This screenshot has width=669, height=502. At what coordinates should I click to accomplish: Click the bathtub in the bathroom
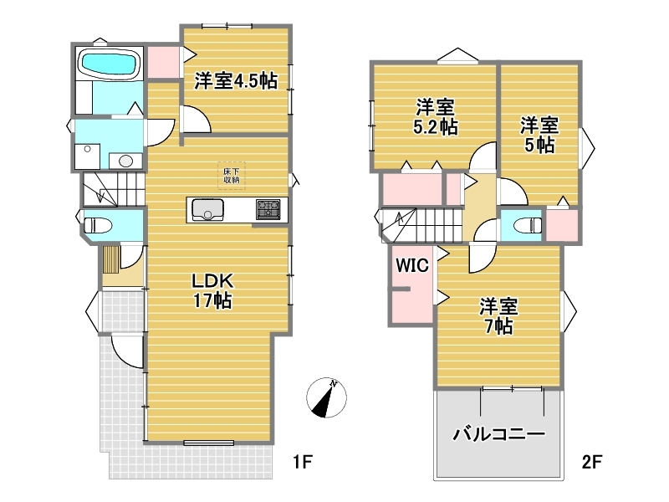(x=110, y=64)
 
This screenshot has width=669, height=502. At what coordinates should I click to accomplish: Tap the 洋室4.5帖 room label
(x=236, y=80)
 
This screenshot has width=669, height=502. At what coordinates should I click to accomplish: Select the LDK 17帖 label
(x=212, y=291)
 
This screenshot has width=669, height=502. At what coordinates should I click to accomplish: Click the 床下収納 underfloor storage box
(x=232, y=176)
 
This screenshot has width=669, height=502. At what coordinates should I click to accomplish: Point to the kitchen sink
(x=207, y=210)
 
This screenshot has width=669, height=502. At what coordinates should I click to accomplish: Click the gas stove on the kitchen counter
(x=268, y=210)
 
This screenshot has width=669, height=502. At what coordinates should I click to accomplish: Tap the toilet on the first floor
(x=98, y=225)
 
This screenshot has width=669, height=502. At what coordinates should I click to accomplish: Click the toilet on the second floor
(x=528, y=225)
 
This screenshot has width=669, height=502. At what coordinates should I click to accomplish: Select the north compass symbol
(x=326, y=397)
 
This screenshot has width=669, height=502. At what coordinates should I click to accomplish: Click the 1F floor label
(x=303, y=462)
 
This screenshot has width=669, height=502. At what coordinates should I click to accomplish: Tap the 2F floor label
(x=592, y=462)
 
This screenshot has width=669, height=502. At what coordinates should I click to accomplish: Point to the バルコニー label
(x=498, y=434)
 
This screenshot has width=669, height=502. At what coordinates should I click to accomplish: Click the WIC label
(x=412, y=265)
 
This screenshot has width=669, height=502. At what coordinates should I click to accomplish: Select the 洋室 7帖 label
(x=498, y=316)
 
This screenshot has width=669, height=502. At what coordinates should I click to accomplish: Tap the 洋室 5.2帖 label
(x=436, y=116)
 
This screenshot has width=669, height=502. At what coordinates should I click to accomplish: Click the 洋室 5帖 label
(x=539, y=136)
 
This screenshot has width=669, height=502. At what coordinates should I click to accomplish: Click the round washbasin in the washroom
(x=125, y=161)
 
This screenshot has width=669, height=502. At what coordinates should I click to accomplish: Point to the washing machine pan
(x=88, y=156)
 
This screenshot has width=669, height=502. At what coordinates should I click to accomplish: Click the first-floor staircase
(x=113, y=190)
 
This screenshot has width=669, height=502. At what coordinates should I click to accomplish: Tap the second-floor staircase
(x=421, y=224)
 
